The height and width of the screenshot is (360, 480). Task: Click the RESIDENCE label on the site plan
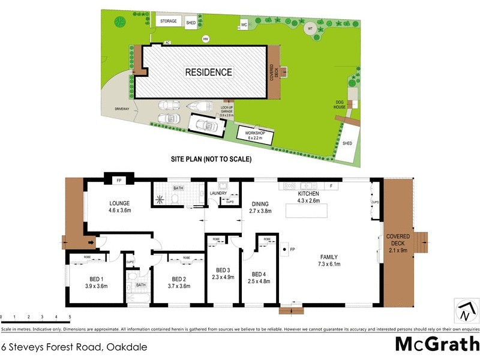tap(208, 72)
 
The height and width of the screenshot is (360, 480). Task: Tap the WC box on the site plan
tap(244, 25)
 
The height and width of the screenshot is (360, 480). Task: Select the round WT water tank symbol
tap(310, 29)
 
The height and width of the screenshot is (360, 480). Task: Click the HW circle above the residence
tap(206, 40)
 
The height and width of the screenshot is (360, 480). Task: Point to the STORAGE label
tap(169, 22)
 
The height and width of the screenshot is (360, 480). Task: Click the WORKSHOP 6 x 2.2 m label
tap(255, 134)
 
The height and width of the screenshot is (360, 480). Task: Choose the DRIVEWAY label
tap(123, 109)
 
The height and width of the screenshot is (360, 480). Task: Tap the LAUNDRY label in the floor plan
tap(218, 193)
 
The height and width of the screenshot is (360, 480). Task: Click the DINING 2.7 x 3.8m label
tap(261, 208)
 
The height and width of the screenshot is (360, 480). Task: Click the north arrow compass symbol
tap(466, 311)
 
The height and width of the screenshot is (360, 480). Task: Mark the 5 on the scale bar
tap(70, 317)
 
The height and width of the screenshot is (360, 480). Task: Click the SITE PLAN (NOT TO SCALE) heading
tap(211, 160)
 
